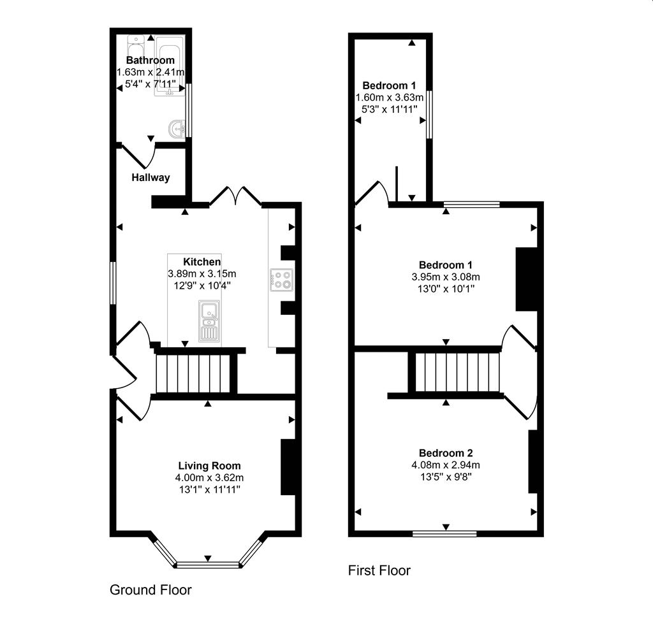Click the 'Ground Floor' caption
[x=150, y=589]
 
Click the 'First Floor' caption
[x=379, y=570]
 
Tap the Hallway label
[x=151, y=178]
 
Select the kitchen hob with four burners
[x=281, y=280]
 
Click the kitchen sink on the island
[x=209, y=321]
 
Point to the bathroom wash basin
[x=176, y=129]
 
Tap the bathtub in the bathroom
[x=170, y=67]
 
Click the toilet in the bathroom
[x=136, y=47]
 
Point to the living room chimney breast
[x=288, y=467]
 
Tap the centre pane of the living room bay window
[x=207, y=564]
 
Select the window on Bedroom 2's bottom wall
[x=444, y=533]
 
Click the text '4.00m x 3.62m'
[x=209, y=477]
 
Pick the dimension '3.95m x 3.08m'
[x=445, y=277]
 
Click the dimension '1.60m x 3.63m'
[x=389, y=98]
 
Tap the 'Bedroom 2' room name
[x=445, y=453]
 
